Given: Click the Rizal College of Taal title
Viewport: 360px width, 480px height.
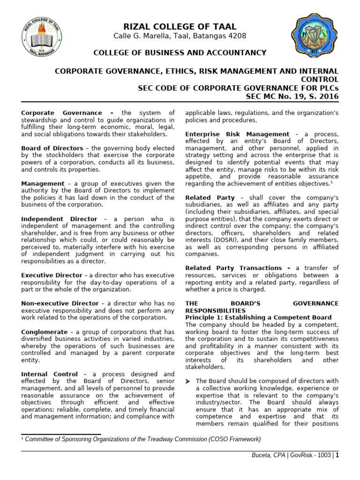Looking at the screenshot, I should (180, 27).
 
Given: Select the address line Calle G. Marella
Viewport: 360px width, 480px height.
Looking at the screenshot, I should (180, 37).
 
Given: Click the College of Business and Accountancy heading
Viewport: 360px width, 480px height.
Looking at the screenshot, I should (180, 52).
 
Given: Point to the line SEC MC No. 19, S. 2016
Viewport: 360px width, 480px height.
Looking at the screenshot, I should (292, 97).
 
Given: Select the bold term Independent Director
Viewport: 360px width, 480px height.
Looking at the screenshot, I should (60, 219).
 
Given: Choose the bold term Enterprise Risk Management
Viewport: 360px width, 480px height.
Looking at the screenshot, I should (237, 135).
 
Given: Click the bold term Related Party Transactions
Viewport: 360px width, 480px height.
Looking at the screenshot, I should (238, 268).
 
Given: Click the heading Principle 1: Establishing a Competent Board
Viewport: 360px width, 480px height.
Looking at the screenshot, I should (258, 317).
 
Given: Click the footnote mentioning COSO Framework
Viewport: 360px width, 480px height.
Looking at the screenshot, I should (141, 439).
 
